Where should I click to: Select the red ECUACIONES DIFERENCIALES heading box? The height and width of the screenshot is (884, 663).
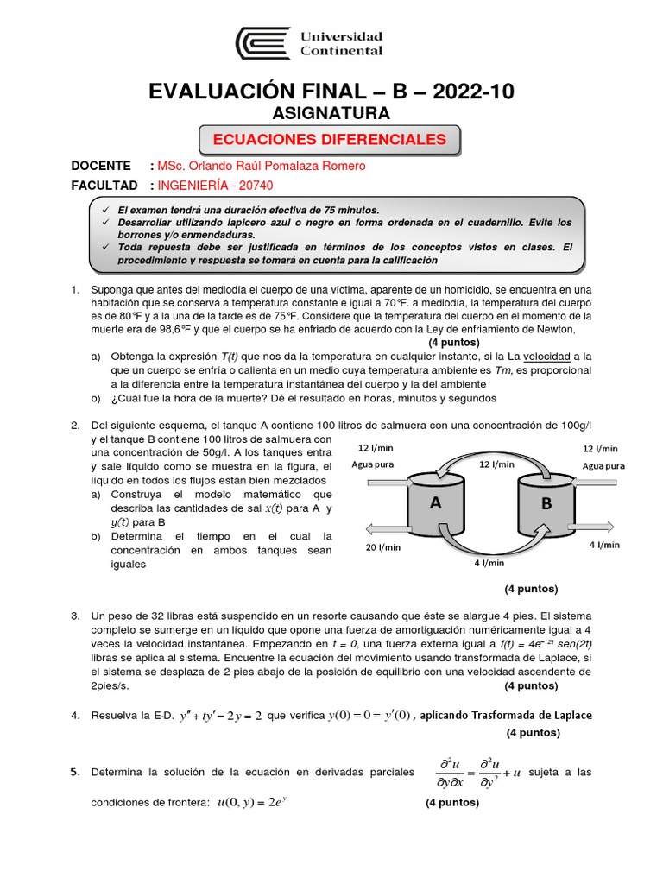coord(330,139)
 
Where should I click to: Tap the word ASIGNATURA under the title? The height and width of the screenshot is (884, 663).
coord(331,114)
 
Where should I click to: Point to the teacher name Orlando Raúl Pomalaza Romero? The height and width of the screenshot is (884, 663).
coord(268,166)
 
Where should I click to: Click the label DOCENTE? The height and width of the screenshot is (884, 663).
coord(101,166)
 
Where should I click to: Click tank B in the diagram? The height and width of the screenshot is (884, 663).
coord(546,504)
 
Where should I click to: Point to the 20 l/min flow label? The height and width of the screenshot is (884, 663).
coord(382,547)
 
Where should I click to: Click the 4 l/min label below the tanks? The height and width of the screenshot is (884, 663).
coord(489,563)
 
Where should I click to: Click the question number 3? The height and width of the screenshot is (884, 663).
coord(75,616)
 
